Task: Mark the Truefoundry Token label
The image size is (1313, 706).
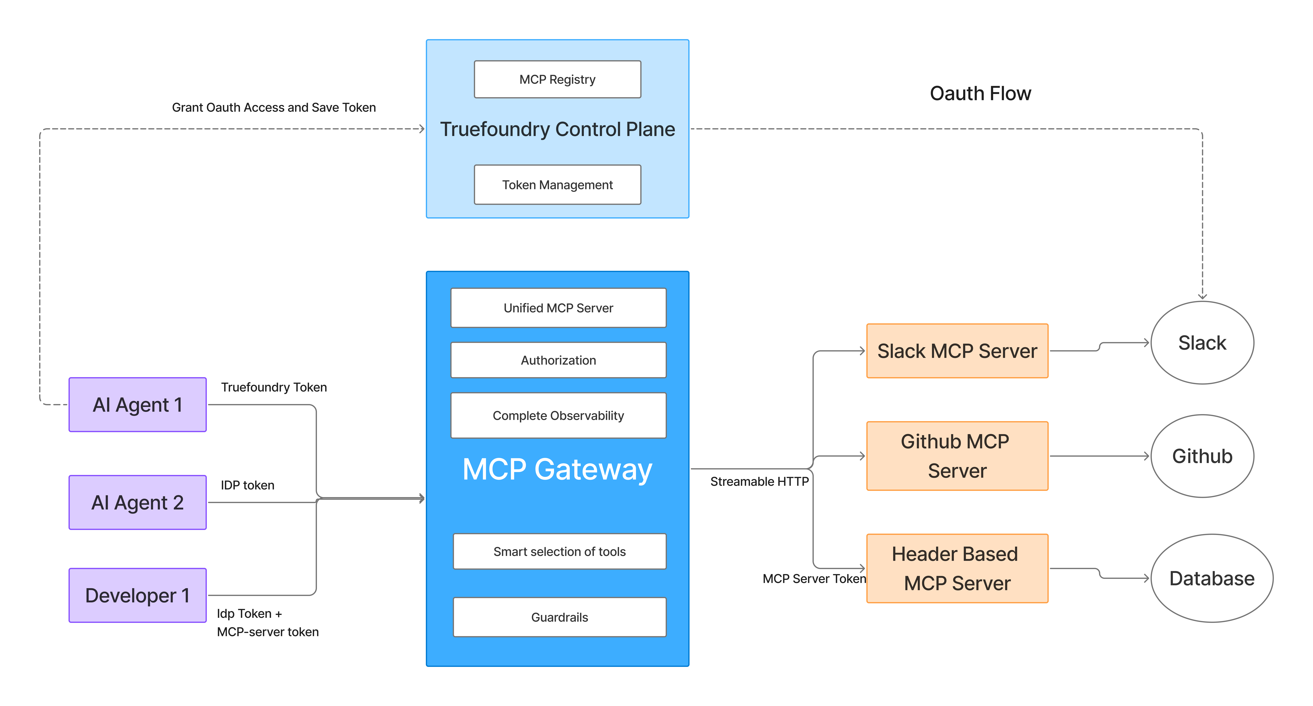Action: point(274,387)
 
